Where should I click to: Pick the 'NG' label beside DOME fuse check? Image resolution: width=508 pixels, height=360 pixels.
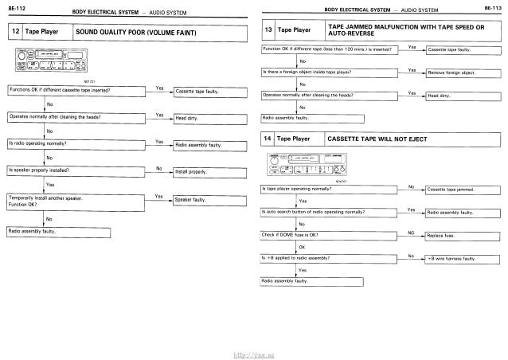pyautogui.click(x=410, y=232)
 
